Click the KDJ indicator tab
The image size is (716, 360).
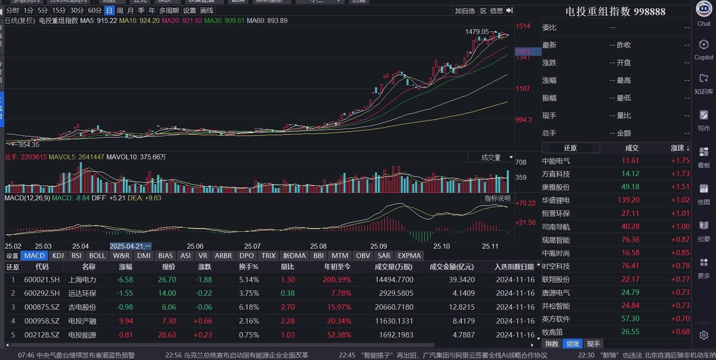pyautogui.click(x=58, y=256)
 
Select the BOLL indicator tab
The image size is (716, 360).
pyautogui.click(x=97, y=256)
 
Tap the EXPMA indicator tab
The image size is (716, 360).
pyautogui.click(x=409, y=256)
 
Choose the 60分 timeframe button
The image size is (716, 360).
pyautogui.click(x=95, y=11)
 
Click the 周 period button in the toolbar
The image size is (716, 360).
pyautogui.click(x=120, y=11)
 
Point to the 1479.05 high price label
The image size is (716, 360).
pyautogui.click(x=477, y=32)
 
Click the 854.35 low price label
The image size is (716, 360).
pyautogui.click(x=29, y=145)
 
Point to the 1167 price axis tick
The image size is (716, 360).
pyautogui.click(x=523, y=88)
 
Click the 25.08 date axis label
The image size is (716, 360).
pyautogui.click(x=318, y=246)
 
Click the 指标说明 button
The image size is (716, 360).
pyautogui.click(x=497, y=198)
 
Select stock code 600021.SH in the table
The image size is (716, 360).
pyautogui.click(x=42, y=280)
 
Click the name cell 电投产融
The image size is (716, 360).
pyautogui.click(x=82, y=321)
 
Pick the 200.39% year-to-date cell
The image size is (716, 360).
pyautogui.click(x=337, y=280)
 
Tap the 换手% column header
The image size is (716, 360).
pyautogui.click(x=248, y=267)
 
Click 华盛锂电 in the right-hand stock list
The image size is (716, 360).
pyautogui.click(x=556, y=200)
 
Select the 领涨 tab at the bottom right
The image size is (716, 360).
pyautogui.click(x=573, y=344)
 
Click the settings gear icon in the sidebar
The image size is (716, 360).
pyautogui.click(x=704, y=335)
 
